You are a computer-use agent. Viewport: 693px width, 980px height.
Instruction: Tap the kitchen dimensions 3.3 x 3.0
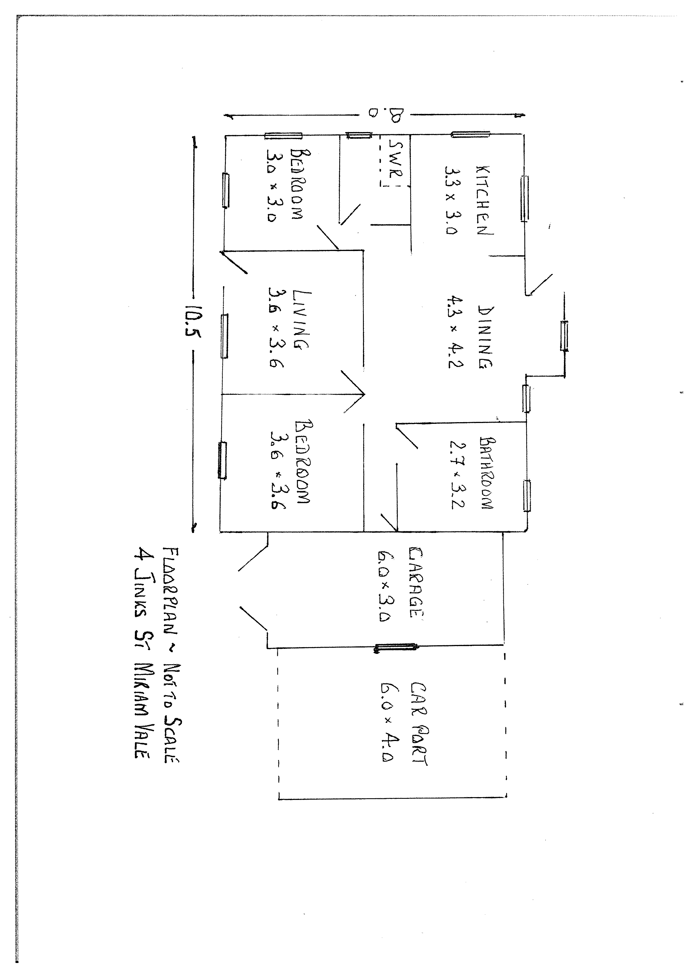tap(451, 200)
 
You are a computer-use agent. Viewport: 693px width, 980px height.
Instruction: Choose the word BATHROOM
tap(486, 472)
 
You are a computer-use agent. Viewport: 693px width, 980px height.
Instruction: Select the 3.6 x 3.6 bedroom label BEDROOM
tap(304, 462)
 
